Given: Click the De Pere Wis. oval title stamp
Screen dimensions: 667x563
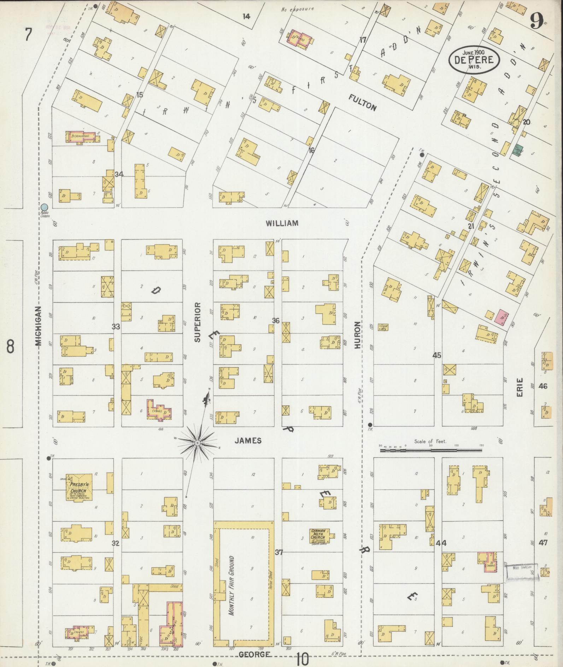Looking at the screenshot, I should point(474,59).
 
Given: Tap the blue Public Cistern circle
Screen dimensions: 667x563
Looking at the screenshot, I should point(44,207).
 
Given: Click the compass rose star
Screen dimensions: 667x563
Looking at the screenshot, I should point(198,443).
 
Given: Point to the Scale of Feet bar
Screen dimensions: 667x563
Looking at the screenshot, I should point(431,451).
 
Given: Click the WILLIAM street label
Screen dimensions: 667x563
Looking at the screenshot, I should point(282,223).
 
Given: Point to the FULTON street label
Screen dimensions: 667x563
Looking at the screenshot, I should point(363,103).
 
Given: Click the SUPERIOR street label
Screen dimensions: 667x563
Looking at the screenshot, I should point(197,322).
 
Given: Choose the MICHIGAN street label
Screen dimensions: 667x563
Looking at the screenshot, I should point(39,326).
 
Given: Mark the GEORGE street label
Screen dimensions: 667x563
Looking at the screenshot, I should point(255,655).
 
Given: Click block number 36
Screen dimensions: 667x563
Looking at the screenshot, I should point(276,321).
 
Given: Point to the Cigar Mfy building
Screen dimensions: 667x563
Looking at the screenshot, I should point(383,327).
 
